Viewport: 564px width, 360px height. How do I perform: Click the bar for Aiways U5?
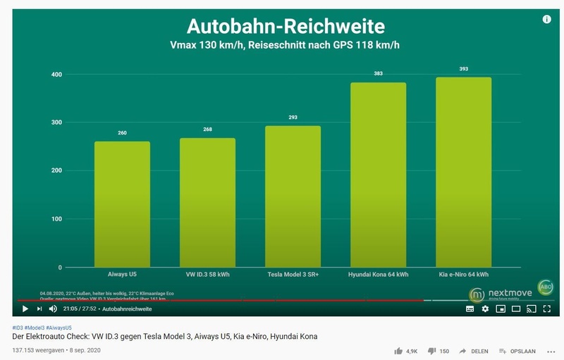[122, 204]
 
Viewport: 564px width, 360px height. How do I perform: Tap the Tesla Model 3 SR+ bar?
[293, 197]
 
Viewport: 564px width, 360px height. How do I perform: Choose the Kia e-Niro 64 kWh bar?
[463, 172]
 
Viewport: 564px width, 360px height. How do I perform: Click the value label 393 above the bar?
[463, 69]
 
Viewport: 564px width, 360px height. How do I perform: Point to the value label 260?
[122, 132]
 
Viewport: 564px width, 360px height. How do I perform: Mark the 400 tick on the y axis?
[56, 75]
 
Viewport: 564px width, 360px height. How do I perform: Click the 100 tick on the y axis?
[56, 219]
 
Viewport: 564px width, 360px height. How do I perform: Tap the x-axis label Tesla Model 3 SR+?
[293, 275]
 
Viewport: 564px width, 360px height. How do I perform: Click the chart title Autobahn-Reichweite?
[286, 27]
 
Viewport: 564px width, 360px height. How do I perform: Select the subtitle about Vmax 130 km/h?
[286, 46]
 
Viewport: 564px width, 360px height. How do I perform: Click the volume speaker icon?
[53, 309]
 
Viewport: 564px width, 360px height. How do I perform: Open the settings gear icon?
[485, 309]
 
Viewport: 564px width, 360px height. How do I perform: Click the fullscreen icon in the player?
[546, 309]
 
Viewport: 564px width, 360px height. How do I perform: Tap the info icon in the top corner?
[546, 20]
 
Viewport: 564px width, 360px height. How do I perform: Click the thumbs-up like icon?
[399, 350]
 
